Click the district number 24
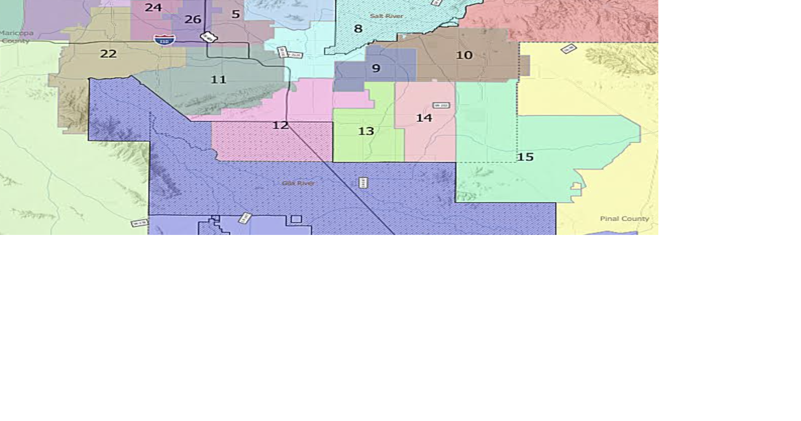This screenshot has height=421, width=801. (153, 8)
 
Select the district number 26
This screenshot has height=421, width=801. (193, 20)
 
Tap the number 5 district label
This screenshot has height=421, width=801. (235, 14)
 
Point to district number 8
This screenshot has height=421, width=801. (358, 29)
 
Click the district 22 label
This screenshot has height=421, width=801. (108, 54)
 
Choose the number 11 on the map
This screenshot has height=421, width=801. (218, 80)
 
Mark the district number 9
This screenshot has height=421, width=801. (376, 69)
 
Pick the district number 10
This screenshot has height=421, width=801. (464, 55)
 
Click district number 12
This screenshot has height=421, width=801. (280, 125)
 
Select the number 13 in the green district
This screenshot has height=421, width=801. (366, 131)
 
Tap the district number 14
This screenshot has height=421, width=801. (424, 118)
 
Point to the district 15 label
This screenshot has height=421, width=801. (525, 157)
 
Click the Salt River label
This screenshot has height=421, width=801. (386, 16)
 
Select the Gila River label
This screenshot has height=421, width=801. (298, 183)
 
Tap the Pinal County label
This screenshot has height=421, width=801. (624, 218)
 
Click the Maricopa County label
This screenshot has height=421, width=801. (16, 37)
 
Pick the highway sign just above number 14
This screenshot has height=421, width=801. (441, 105)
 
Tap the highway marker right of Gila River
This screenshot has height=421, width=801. (363, 183)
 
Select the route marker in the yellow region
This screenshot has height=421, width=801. (568, 49)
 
